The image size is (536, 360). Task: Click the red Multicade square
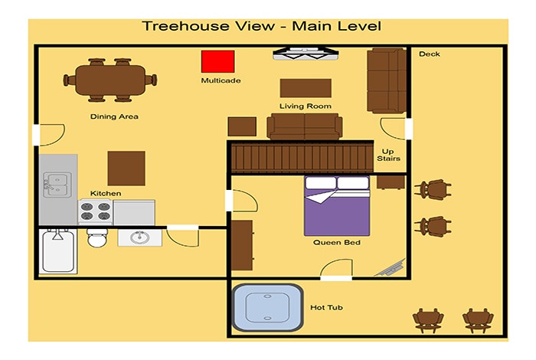[x=217, y=61]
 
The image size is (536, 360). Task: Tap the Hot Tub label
[x=326, y=307]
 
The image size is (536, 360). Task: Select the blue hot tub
[x=267, y=307]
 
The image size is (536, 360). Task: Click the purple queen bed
[x=337, y=206]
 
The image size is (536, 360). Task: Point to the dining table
[x=110, y=80]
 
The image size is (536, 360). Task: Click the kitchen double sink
[x=57, y=185]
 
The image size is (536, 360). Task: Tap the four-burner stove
[x=96, y=211]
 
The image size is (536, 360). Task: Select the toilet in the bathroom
[x=97, y=237]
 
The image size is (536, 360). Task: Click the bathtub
[x=58, y=251]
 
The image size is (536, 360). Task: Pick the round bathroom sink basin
[x=140, y=237]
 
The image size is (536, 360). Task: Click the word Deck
[x=430, y=54]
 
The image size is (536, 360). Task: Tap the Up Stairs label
[x=388, y=155]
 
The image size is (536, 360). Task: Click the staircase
[x=302, y=158]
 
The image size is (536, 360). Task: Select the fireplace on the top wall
[x=306, y=54]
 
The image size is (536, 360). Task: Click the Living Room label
[x=306, y=106]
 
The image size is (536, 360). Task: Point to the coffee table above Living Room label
[x=306, y=88]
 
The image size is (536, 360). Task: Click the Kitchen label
[x=106, y=194]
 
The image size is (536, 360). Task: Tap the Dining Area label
[x=114, y=116]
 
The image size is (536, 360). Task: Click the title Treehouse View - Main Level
[x=262, y=26]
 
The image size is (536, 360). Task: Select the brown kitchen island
[x=126, y=169]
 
